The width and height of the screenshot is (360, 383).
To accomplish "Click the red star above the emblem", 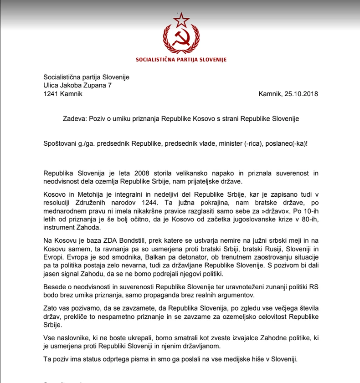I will [181, 20].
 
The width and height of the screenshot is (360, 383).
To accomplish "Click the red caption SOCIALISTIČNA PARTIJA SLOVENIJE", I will [181, 60].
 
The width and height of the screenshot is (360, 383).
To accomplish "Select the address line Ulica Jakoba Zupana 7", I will [77, 85].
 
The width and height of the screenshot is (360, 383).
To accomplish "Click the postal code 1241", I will [51, 94].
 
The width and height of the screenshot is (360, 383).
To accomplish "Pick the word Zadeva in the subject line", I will [73, 118].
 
